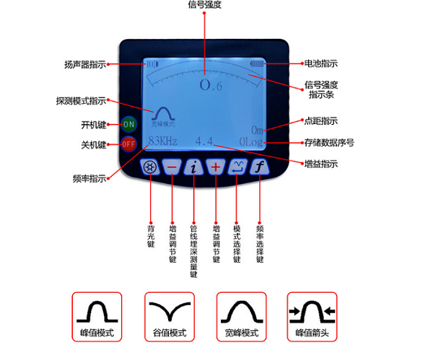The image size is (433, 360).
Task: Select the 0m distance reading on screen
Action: click(258, 130)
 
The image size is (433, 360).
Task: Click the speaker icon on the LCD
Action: click(152, 64)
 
